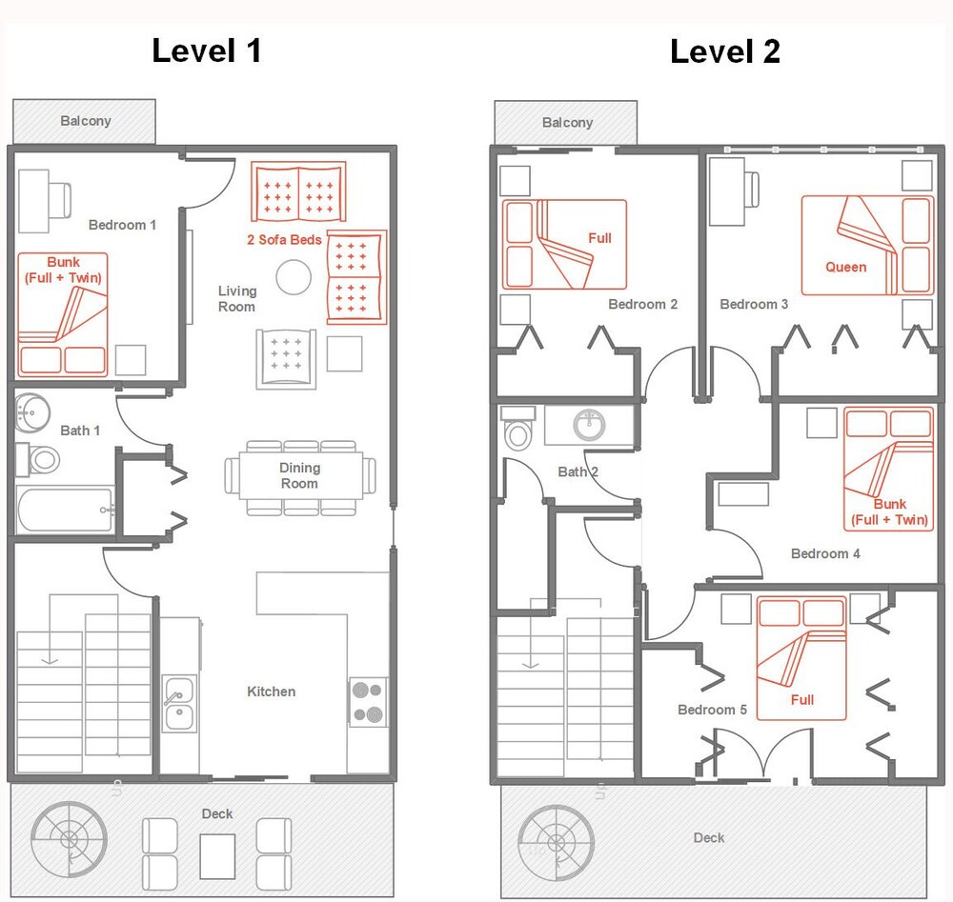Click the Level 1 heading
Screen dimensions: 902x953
tap(206, 50)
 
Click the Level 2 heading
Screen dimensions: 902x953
tap(724, 50)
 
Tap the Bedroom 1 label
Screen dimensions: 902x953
tap(122, 225)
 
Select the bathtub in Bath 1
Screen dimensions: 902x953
tap(65, 510)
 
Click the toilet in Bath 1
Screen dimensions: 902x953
tap(40, 460)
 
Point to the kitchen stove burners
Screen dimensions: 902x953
tap(368, 702)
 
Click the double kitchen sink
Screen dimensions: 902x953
tap(178, 703)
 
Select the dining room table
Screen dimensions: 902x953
tap(299, 475)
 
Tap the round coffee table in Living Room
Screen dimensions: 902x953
tap(294, 278)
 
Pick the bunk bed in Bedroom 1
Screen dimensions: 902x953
tap(63, 314)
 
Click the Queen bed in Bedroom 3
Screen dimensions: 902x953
tap(866, 246)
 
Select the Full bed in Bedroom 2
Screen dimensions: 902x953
tap(564, 244)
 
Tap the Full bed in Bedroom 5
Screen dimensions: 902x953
tap(801, 657)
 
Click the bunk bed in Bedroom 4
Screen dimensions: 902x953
tap(888, 469)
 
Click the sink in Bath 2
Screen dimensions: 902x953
tap(589, 425)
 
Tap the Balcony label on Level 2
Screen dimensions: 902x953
tap(567, 122)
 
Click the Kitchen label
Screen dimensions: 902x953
tap(272, 692)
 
